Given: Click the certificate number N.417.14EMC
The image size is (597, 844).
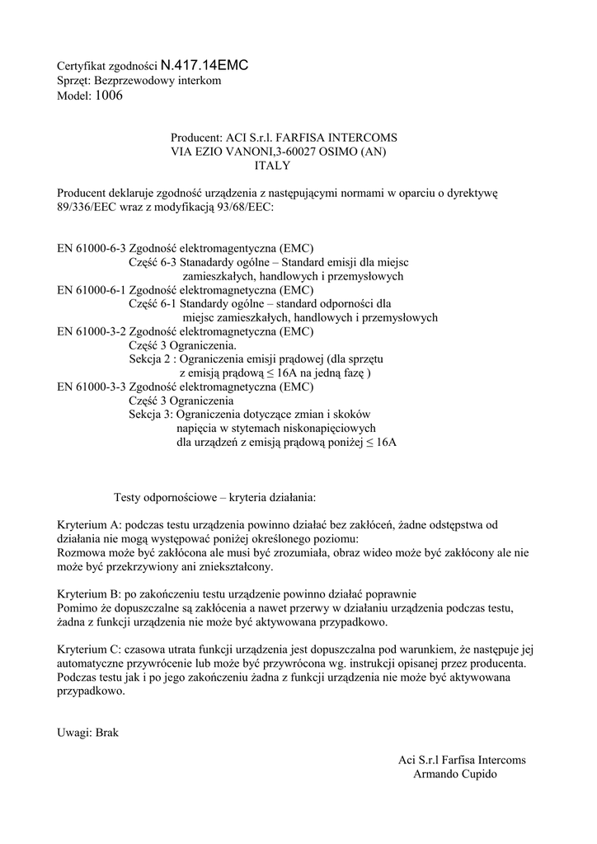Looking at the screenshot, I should point(204,63).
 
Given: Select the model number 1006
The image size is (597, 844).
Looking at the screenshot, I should point(109,96).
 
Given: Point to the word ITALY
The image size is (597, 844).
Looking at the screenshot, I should point(272,166).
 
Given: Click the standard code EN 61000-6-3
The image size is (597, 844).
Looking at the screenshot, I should point(91,247).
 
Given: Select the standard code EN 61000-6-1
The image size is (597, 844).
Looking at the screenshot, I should point(91,290).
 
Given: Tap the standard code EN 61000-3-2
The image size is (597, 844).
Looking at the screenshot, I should point(91,332).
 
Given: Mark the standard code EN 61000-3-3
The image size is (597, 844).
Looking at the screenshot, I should point(91,386).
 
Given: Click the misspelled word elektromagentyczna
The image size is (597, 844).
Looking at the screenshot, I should point(227,247).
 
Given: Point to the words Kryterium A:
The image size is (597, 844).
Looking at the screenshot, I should point(89,524).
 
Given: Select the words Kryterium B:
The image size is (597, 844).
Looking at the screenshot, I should point(89,593).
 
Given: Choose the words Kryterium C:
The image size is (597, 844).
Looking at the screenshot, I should point(89,649).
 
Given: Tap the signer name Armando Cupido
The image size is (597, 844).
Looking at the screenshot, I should point(455,775).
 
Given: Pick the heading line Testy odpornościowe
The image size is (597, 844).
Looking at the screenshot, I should point(214,497).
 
